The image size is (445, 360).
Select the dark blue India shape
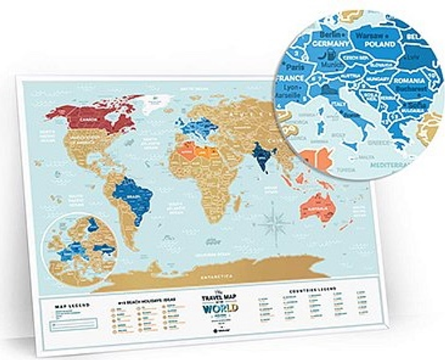[x=260, y=154]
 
